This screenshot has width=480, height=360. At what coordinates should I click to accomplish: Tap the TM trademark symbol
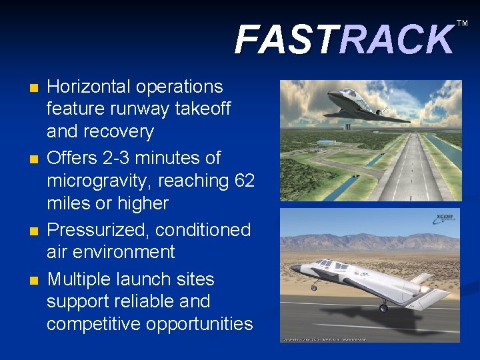click(462, 23)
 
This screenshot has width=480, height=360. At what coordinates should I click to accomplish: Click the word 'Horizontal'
click(88, 87)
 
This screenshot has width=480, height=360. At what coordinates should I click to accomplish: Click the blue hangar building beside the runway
click(329, 143)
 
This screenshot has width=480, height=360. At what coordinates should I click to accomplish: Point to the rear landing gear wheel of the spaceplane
click(383, 307)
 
